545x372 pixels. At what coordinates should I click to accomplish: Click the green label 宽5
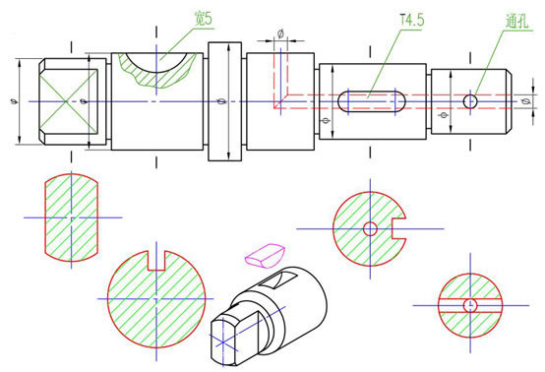coord(203,18)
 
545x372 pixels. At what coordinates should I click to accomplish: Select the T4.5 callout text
coord(412,20)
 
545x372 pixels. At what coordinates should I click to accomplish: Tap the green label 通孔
coord(516,22)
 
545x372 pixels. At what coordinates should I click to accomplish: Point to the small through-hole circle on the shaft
coord(470,101)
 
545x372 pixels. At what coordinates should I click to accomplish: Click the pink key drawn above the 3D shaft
coord(265,256)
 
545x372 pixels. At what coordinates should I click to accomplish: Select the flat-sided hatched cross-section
coord(71,217)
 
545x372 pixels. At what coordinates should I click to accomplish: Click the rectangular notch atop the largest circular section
coord(156,261)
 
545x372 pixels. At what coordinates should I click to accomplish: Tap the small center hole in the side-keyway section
coord(370,228)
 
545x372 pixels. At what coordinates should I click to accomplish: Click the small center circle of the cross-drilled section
coord(470,305)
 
